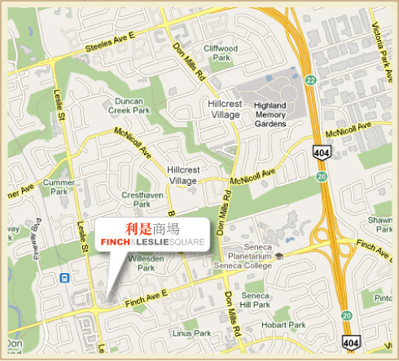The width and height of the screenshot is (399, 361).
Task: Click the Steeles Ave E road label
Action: tap(112, 48)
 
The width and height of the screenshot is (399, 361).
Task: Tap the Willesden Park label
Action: tap(147, 262)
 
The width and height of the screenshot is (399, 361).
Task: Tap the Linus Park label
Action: tap(191, 332)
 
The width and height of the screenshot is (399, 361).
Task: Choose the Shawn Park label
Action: tap(380, 224)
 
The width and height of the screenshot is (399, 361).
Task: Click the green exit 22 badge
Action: tap(310, 80)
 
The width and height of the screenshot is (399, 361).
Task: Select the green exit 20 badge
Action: tap(322, 175)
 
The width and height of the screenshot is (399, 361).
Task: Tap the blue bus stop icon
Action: tap(64, 277)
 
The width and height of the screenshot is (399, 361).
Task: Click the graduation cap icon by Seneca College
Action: tap(279, 255)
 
